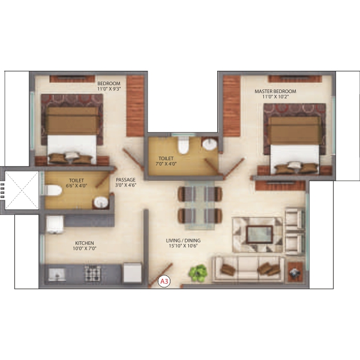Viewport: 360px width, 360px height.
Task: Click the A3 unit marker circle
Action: point(164,281)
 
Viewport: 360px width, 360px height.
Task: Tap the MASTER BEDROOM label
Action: point(275,91)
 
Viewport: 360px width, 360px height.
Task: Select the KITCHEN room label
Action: point(85,243)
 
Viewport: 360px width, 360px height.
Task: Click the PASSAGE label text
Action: point(125,180)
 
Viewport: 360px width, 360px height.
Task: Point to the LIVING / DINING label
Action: point(183,241)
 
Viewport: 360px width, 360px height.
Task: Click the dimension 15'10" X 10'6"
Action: point(183,246)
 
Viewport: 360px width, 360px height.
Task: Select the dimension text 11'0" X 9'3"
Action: point(109,89)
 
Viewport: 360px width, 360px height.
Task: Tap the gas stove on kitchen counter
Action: point(92,273)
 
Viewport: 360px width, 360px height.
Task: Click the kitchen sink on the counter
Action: point(57,275)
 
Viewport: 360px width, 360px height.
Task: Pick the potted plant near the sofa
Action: point(197,273)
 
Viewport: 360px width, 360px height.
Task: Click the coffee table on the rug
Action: point(259,234)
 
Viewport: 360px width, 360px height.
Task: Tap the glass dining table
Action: point(200,205)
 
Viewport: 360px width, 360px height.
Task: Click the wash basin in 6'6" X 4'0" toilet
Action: point(101,202)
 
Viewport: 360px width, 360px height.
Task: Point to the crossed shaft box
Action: point(22,190)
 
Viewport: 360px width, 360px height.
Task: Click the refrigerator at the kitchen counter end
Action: point(133,273)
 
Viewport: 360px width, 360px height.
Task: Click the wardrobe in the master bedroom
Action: point(232,106)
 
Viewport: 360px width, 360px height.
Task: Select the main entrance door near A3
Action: point(160,275)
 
